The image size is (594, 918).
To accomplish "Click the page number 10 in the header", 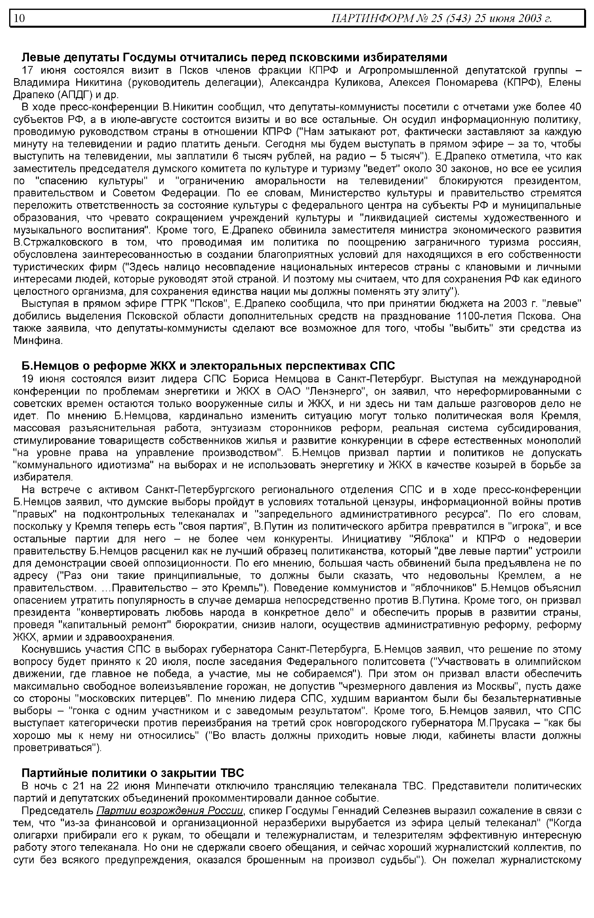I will pos(19,19).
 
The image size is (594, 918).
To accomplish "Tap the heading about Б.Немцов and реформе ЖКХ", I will pos(208,365).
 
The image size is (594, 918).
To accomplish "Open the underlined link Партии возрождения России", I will pos(170,798).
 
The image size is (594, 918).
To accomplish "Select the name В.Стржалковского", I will pos(58,243).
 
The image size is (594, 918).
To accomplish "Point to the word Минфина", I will pos(37,341).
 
